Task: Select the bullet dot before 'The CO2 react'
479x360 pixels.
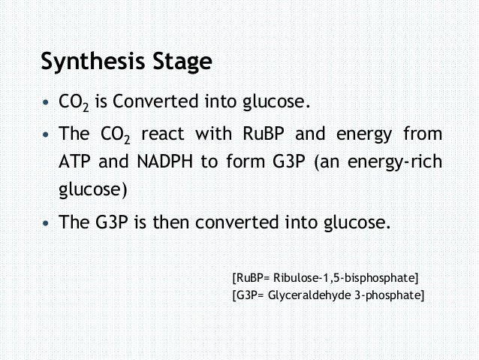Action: click(x=47, y=135)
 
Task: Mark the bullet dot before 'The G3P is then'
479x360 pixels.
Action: click(x=47, y=223)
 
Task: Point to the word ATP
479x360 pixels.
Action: click(x=77, y=162)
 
